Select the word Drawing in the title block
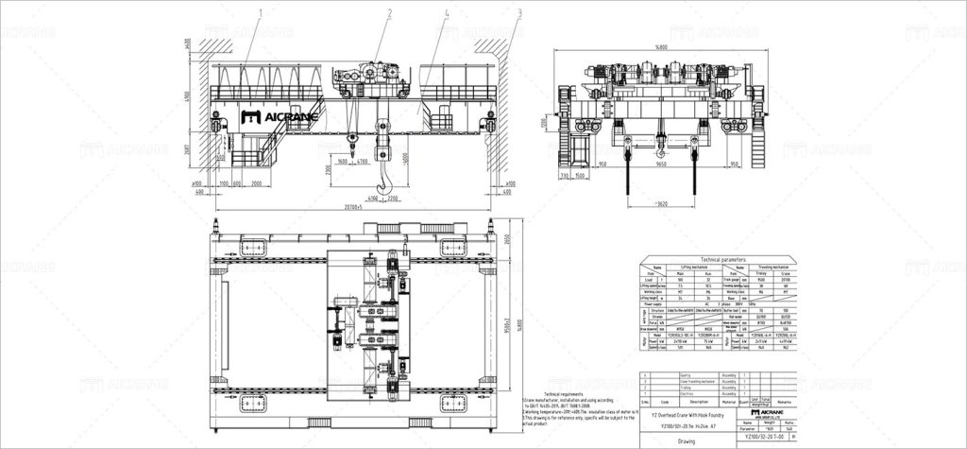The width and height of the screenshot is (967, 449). (687, 440)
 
